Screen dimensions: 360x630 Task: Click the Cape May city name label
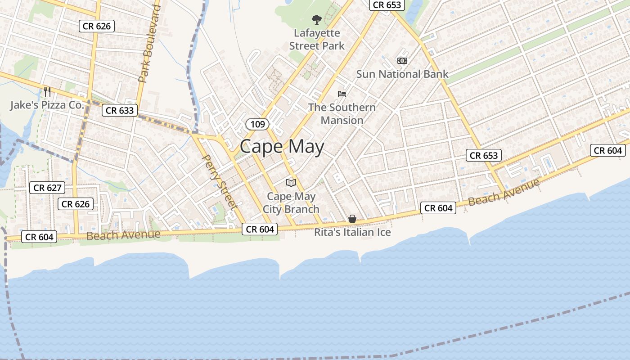[282, 147]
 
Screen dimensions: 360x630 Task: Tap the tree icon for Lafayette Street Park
[317, 20]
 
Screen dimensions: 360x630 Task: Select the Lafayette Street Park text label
[317, 39]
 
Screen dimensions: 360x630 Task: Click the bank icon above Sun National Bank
[402, 60]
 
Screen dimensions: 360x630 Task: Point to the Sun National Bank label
[402, 74]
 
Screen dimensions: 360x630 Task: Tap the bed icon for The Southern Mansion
[342, 94]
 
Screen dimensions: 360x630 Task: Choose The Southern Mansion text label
[342, 114]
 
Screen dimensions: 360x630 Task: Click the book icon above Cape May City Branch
[291, 183]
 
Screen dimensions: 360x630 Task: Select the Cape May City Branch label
[291, 202]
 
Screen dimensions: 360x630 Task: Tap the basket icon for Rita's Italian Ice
[352, 219]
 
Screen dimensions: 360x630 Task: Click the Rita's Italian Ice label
[352, 232]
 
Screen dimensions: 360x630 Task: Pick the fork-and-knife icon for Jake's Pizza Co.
[47, 92]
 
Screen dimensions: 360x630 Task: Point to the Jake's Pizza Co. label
[47, 105]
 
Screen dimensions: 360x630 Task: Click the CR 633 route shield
[119, 110]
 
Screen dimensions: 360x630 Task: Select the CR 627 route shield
[47, 188]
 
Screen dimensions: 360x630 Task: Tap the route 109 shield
[257, 124]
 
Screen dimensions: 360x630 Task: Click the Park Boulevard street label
[149, 44]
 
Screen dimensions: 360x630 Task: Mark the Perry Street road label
[220, 181]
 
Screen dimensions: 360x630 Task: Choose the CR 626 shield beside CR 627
[76, 204]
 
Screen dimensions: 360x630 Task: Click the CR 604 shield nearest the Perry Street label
[260, 229]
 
